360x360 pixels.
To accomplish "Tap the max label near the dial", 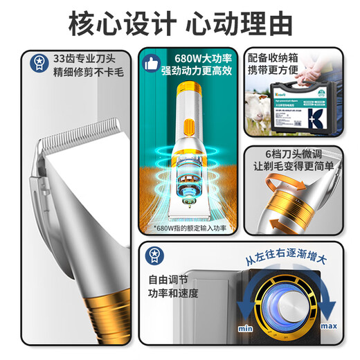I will coord(330,325).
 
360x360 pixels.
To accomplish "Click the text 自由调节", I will coord(168,279).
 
